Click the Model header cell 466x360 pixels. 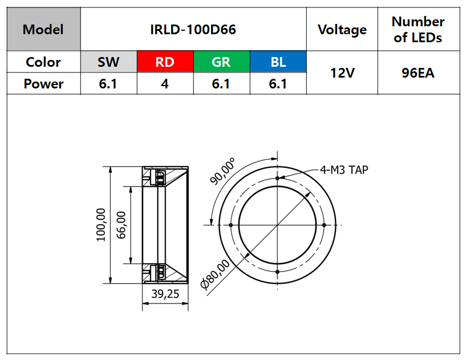43,29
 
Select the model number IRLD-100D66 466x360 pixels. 193,30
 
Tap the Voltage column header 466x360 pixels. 342,30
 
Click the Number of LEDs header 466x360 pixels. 418,30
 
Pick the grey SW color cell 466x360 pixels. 109,62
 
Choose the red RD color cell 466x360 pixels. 165,62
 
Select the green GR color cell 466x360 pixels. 222,62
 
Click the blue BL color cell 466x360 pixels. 278,62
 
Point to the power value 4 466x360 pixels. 165,84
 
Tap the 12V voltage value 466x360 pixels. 342,73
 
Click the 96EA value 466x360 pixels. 418,73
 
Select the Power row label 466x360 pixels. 43,84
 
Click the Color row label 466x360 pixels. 43,62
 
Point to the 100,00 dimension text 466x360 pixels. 101,225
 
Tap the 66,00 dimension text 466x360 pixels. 121,225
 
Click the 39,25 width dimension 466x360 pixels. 165,294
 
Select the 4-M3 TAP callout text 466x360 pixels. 344,170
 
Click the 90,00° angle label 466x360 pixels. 222,171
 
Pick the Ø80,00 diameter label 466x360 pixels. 215,274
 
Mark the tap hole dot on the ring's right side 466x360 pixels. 324,225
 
